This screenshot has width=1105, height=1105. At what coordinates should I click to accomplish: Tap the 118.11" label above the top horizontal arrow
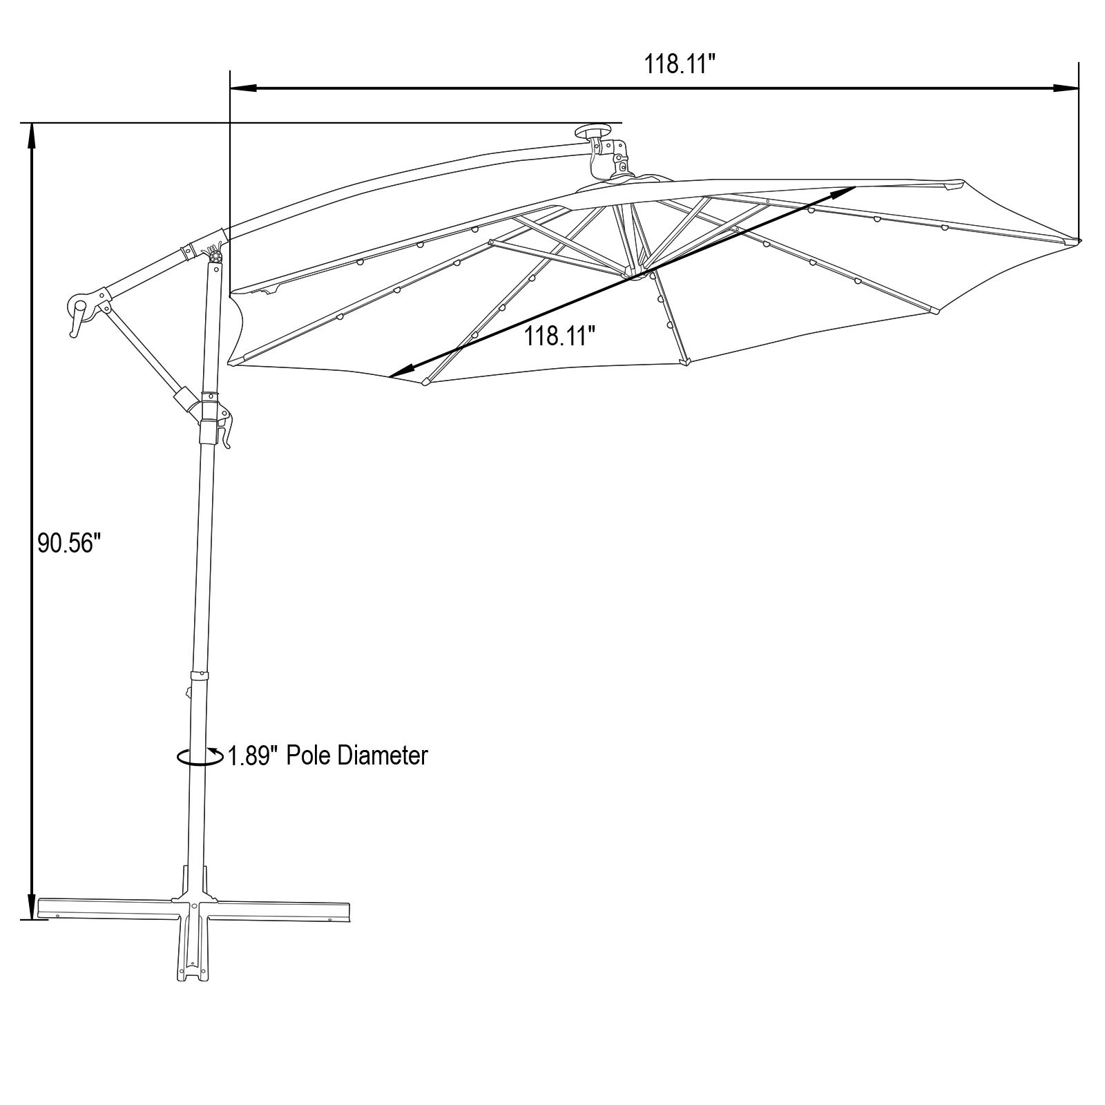click(x=680, y=65)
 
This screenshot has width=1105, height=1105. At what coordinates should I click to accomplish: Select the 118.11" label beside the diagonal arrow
click(x=559, y=337)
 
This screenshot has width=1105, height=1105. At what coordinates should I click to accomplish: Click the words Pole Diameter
click(x=356, y=756)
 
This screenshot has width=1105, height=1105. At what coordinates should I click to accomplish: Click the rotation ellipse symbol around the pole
click(x=199, y=757)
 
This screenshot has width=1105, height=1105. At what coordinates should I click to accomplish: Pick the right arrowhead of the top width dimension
click(x=1066, y=88)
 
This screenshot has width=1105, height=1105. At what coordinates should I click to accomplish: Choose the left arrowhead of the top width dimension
click(x=242, y=88)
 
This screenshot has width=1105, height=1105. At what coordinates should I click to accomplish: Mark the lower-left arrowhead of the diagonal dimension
click(x=399, y=373)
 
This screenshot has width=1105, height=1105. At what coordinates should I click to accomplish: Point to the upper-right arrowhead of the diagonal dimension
click(x=845, y=190)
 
